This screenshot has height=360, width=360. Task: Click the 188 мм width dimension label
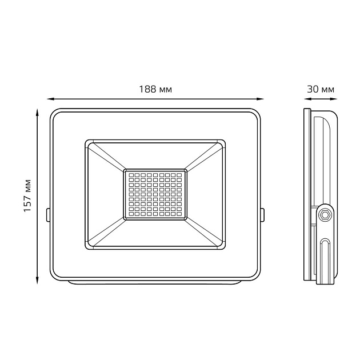[x=155, y=89]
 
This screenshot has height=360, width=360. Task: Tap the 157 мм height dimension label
[x=27, y=196]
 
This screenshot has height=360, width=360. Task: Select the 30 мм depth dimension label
[x=321, y=89]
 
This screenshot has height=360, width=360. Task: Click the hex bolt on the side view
[x=325, y=215]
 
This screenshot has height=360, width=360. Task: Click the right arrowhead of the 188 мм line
[x=260, y=99]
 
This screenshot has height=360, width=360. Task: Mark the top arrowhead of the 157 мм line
[x=37, y=113]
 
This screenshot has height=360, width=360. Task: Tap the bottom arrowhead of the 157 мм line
[x=37, y=281]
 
